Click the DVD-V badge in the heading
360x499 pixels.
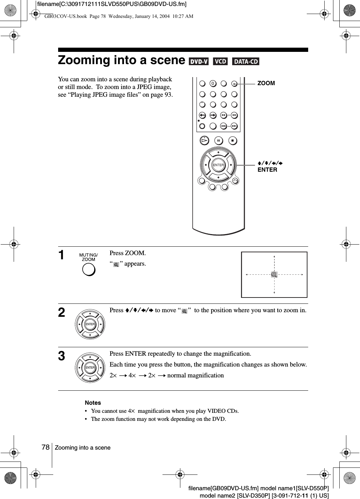[198, 62]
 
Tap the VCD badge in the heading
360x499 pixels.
[220, 62]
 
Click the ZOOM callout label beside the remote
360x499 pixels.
[266, 83]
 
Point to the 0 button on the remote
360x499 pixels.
[213, 84]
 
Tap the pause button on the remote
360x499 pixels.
[219, 141]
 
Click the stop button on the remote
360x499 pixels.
[232, 141]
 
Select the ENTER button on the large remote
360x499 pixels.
[218, 165]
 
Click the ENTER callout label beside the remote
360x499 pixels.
[267, 170]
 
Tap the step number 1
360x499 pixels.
[62, 255]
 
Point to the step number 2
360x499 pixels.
[62, 313]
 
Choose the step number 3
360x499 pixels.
[62, 356]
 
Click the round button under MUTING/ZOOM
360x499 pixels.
[89, 269]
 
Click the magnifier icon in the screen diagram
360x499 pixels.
[274, 274]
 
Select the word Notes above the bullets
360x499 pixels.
[93, 403]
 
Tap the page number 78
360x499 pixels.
[45, 447]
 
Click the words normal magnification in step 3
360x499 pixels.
[195, 375]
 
